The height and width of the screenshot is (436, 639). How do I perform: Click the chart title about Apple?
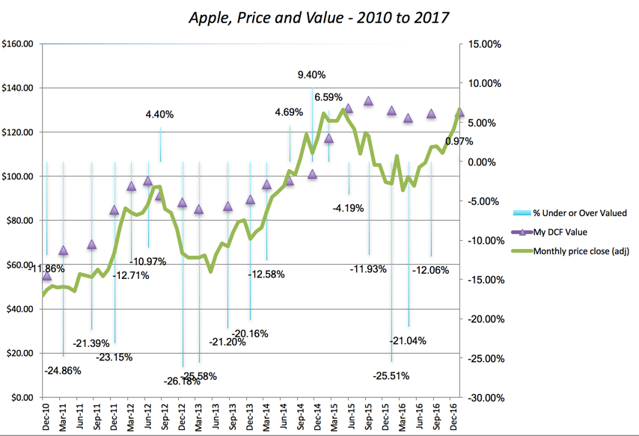click(x=319, y=17)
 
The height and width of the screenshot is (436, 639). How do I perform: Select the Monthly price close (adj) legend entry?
click(x=581, y=251)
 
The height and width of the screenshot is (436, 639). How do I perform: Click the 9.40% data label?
click(x=311, y=75)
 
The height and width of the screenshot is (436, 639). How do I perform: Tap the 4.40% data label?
click(x=159, y=114)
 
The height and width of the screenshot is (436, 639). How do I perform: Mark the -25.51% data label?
click(x=391, y=376)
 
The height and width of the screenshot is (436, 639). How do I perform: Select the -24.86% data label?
click(x=62, y=370)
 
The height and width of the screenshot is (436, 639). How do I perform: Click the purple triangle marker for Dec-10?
click(x=46, y=276)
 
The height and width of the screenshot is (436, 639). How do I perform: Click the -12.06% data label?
click(x=430, y=269)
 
